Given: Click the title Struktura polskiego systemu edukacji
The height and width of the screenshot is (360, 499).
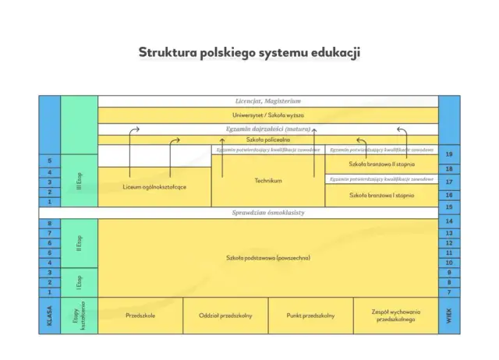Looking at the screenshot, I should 249,52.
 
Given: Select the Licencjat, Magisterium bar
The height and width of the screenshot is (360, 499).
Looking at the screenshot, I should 267,101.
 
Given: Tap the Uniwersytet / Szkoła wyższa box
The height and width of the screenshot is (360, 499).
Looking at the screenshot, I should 267,115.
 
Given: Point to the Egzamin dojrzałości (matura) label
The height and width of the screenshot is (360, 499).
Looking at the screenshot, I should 267,129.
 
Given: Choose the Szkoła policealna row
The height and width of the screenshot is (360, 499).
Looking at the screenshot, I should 267,139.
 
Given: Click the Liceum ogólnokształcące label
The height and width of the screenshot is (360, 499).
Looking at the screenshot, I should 154,187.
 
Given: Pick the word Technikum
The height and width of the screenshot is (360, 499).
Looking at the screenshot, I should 267,181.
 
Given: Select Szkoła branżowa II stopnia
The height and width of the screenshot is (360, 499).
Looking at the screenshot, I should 381,164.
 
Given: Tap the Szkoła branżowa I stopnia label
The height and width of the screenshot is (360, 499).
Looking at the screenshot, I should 381,195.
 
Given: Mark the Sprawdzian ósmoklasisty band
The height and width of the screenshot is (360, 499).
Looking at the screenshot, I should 267,212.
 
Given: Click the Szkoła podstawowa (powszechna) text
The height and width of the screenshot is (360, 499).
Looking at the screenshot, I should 267,257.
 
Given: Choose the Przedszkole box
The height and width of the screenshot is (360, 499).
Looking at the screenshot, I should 140,315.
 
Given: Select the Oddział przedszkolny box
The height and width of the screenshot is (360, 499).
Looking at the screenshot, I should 225,315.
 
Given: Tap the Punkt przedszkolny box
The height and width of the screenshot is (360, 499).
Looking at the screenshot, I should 310,315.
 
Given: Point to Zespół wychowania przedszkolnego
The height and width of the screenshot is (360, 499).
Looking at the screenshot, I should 395,315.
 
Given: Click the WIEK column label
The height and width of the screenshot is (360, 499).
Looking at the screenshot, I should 449,315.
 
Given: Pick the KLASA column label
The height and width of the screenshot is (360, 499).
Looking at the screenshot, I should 49,315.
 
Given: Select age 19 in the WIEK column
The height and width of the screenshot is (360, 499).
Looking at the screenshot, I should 449,155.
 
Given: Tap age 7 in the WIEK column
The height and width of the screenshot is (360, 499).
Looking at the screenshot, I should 449,292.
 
